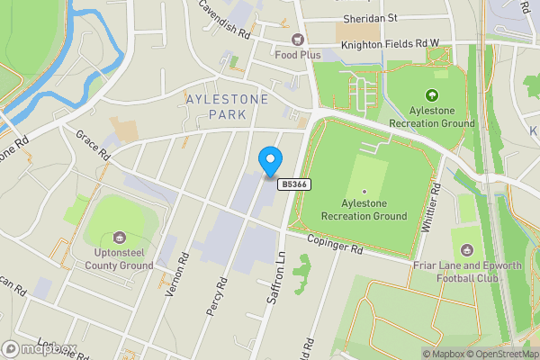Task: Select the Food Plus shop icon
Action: click(x=296, y=39)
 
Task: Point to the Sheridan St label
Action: click(x=370, y=17)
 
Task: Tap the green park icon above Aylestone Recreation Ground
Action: click(x=430, y=94)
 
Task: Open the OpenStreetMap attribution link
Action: click(x=499, y=354)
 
